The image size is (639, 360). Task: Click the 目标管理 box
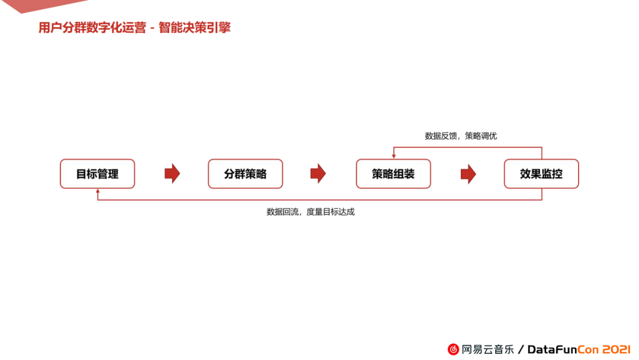coord(98,174)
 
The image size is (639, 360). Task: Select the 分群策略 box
coord(246,174)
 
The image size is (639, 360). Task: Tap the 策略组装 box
coord(393,174)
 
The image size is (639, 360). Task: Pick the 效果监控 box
coord(541,174)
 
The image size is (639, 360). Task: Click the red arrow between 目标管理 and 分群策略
coord(172,173)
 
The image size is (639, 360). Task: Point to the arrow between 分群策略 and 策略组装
coord(318,173)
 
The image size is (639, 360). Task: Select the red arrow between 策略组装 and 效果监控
coord(468,173)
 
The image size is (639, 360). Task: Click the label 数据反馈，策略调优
coord(461,136)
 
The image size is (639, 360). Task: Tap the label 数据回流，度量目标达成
coord(311,211)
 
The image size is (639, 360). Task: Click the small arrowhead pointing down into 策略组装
coord(394,156)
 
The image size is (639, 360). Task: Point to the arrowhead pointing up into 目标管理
coord(98,192)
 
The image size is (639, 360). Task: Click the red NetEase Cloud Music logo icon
coord(453,349)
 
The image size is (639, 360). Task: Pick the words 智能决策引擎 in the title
coord(195,28)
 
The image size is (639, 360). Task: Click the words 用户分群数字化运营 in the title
coord(92,28)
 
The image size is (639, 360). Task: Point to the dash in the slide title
coord(153,28)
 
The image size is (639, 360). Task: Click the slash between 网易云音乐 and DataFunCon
coord(521,349)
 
